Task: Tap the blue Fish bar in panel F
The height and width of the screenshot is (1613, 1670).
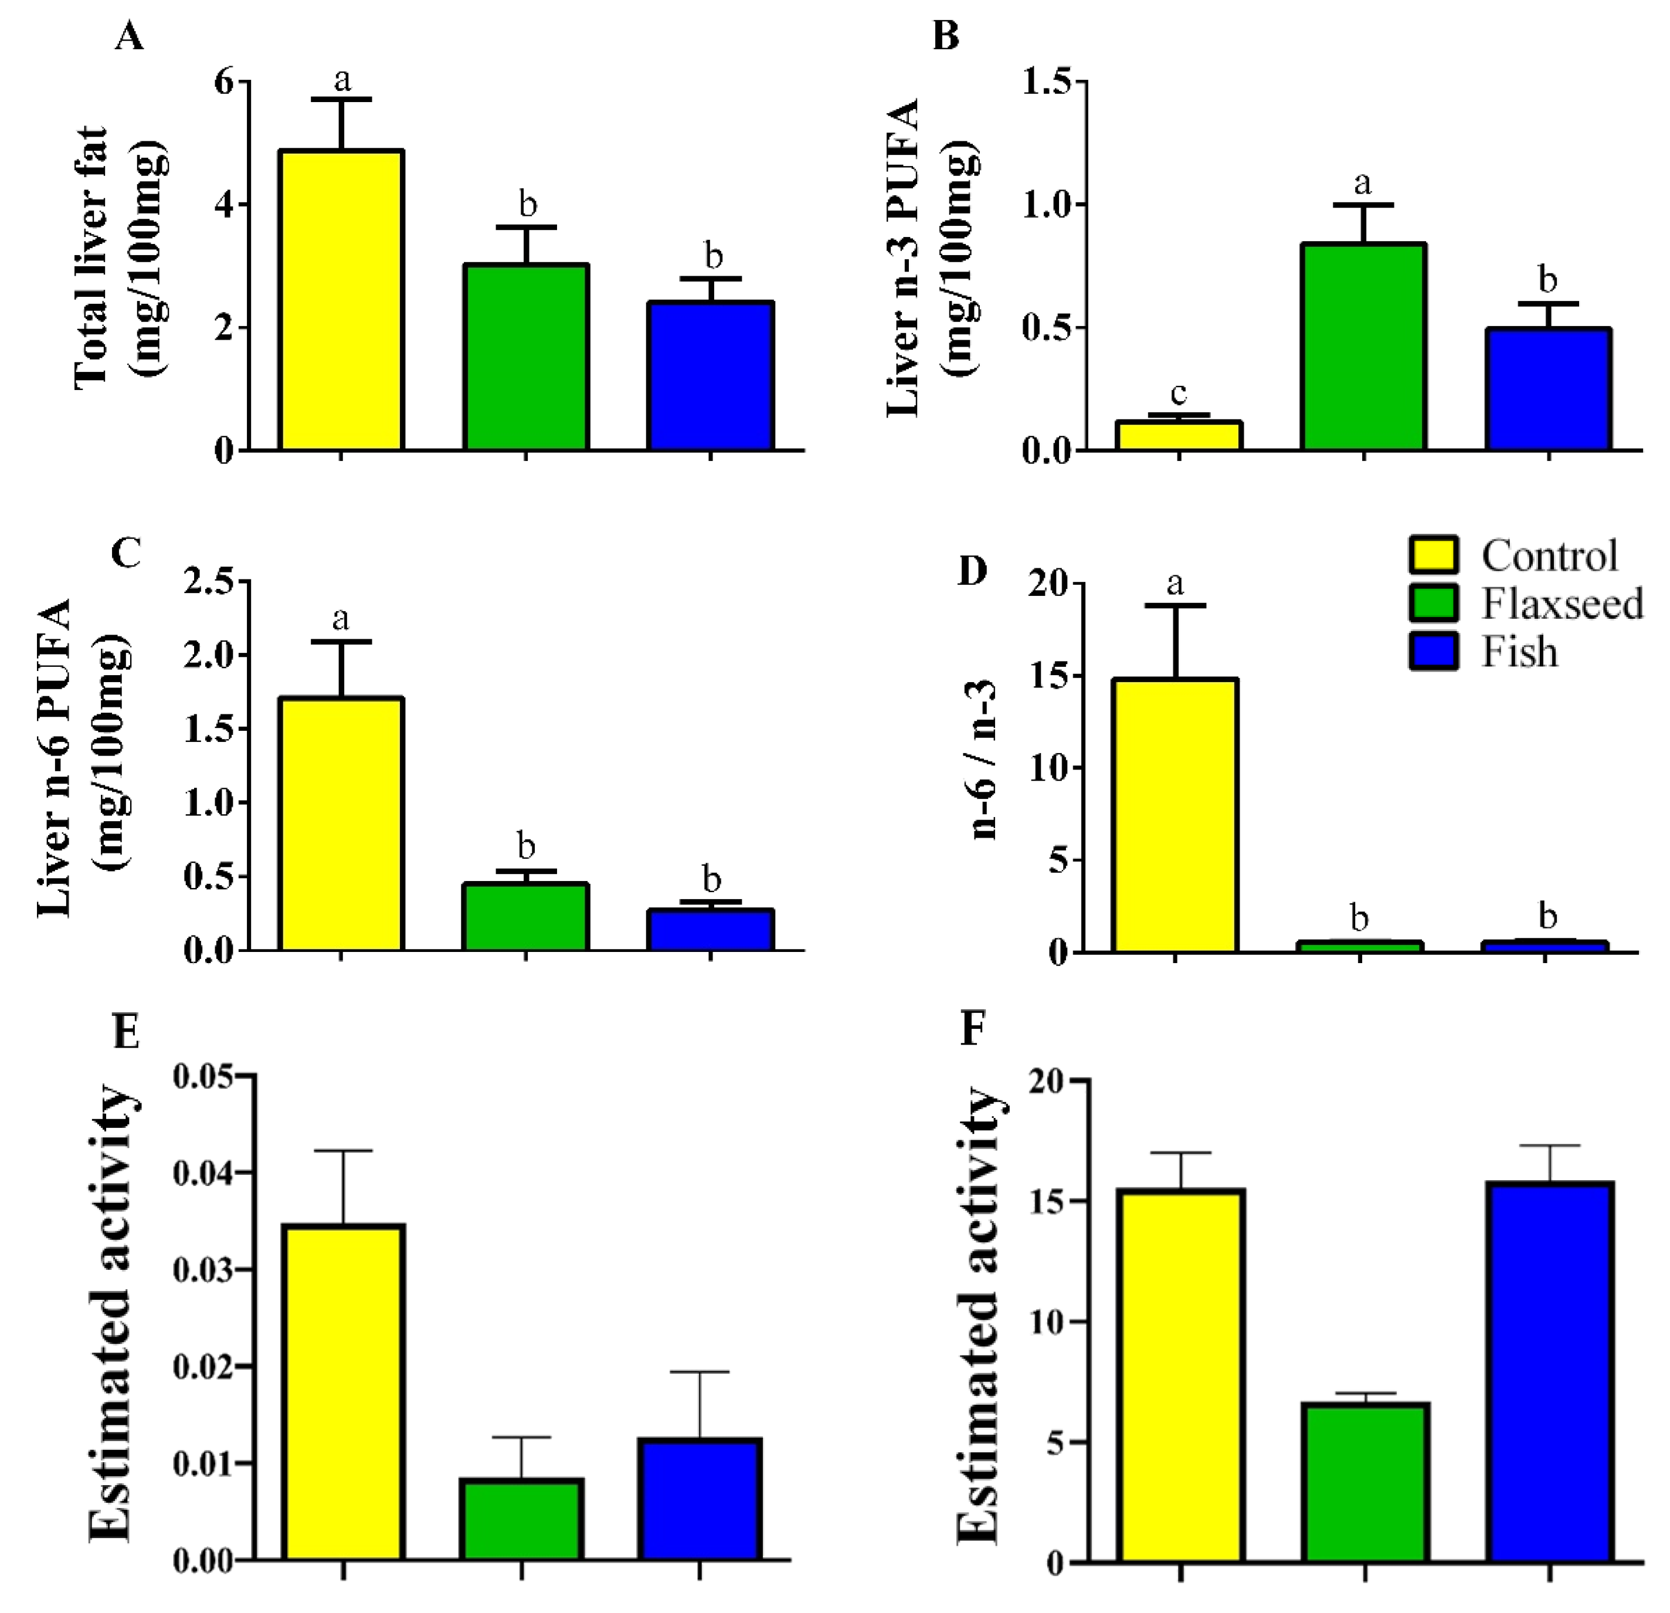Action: (x=1550, y=1372)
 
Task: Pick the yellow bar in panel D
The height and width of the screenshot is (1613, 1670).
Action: (x=1175, y=815)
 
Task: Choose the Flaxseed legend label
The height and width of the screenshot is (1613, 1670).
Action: (x=1562, y=604)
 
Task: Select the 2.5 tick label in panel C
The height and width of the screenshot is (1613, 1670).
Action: (x=209, y=582)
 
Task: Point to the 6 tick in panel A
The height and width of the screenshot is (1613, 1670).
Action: (x=223, y=82)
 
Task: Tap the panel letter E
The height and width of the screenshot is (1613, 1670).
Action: (x=126, y=1031)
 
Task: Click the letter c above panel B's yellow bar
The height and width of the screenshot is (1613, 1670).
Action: (x=1179, y=393)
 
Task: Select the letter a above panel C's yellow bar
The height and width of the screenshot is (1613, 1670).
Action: (x=341, y=617)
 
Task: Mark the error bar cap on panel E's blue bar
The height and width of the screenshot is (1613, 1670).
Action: (x=700, y=1372)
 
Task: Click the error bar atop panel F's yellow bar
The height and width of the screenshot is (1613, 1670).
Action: (x=1181, y=1153)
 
